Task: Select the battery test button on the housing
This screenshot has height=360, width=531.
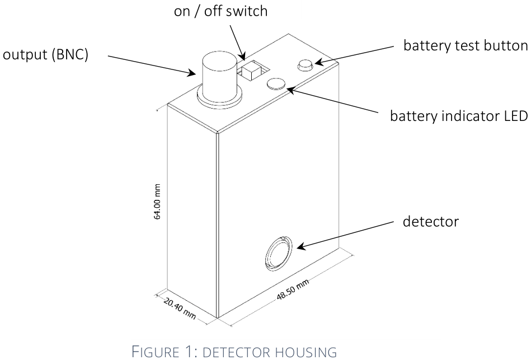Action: [x=305, y=66]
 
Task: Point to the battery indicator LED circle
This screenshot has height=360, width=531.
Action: [x=276, y=84]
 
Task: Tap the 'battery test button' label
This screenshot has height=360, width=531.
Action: [x=466, y=45]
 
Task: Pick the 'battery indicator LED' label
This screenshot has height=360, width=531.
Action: [x=459, y=116]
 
